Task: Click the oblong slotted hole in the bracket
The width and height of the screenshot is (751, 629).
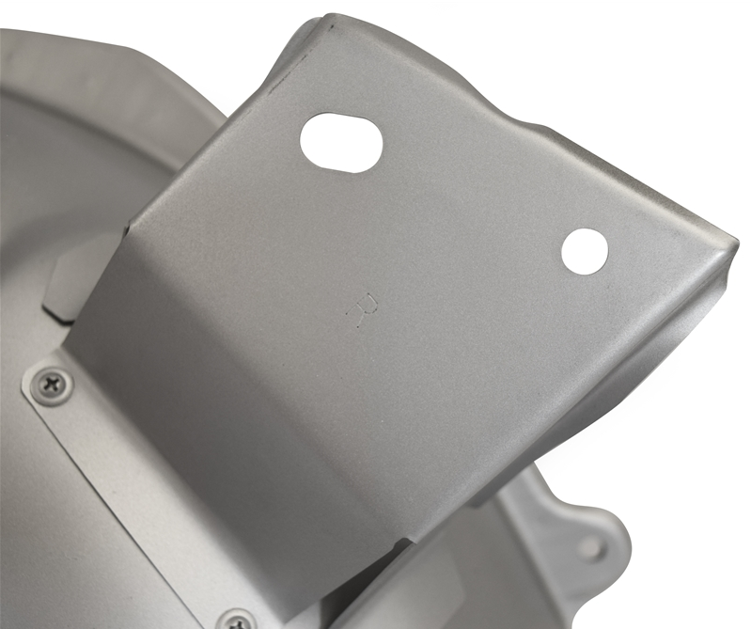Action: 340,142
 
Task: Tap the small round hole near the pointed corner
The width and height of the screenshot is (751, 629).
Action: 585,253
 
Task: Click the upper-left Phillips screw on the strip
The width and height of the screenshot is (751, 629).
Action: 53,385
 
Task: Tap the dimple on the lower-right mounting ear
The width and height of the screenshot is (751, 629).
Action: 593,547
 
